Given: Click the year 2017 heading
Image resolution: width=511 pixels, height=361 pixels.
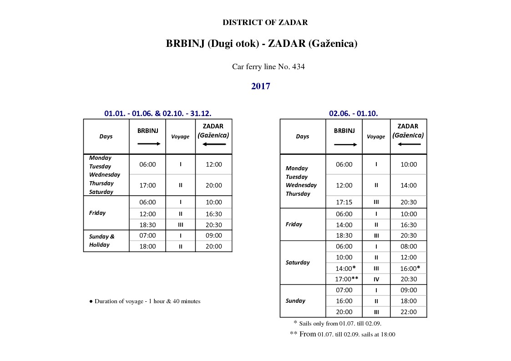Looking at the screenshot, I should (x=261, y=86).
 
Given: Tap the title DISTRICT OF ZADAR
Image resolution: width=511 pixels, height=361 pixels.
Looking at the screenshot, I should (x=265, y=22).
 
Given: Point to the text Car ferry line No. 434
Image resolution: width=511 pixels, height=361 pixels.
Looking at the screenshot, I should (x=268, y=66).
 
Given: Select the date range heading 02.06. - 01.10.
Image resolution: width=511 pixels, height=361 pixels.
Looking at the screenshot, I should (x=353, y=113).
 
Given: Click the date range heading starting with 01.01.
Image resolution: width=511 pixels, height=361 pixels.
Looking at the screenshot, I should (x=157, y=113).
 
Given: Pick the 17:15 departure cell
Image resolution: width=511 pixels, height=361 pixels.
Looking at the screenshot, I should (x=344, y=202).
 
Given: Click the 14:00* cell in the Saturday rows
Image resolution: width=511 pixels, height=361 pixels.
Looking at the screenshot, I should (x=345, y=268).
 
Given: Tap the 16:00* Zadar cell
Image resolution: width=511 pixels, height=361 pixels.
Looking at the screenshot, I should (x=410, y=268).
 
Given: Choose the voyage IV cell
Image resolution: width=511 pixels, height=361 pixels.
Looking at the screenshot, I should (x=376, y=280).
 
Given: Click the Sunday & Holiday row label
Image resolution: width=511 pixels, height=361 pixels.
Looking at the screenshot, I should (x=101, y=240).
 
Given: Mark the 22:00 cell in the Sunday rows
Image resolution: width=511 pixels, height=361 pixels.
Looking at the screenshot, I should (x=408, y=312).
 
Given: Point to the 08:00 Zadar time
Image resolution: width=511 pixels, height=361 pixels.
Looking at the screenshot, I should (x=408, y=246).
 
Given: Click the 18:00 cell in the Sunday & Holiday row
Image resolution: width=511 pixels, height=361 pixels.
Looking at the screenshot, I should (x=147, y=246).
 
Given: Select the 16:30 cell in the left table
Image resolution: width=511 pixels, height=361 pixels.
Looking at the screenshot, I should (x=213, y=214).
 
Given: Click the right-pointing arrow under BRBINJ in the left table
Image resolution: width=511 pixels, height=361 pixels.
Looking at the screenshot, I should (x=149, y=143).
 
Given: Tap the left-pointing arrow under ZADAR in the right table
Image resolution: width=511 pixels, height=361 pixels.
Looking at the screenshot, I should (x=409, y=144).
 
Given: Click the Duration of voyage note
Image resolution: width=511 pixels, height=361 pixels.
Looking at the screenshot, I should (x=145, y=301).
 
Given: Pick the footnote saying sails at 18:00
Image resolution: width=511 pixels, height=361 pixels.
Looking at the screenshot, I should (x=343, y=334).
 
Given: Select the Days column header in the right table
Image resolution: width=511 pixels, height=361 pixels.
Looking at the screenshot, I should (x=302, y=137).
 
